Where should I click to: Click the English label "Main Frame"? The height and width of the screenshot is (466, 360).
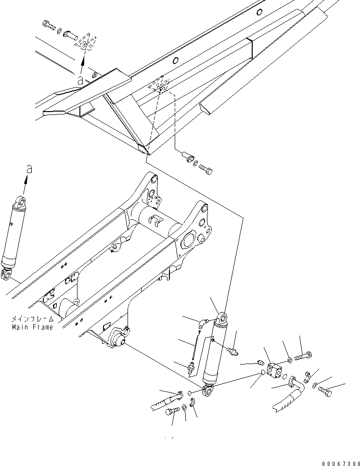pyautogui.click(x=32, y=327)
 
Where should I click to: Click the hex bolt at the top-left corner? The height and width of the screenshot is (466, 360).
pyautogui.click(x=49, y=25)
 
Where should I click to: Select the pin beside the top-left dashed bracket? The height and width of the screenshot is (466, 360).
pyautogui.click(x=70, y=35)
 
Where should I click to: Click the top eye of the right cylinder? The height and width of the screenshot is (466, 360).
pyautogui.click(x=222, y=318)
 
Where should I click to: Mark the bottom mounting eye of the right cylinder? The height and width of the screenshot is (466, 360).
pyautogui.click(x=208, y=392)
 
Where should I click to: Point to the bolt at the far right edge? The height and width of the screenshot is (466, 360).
pyautogui.click(x=324, y=392)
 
